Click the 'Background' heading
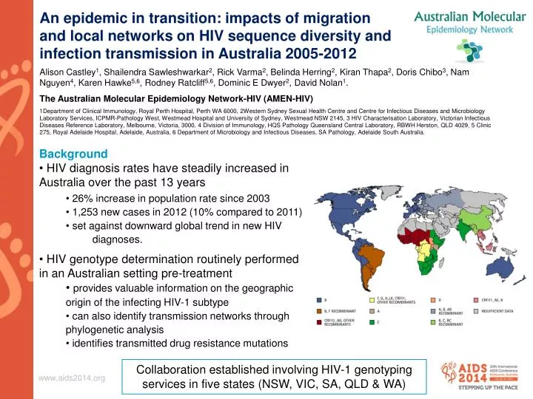73,154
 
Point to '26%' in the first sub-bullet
83,198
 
